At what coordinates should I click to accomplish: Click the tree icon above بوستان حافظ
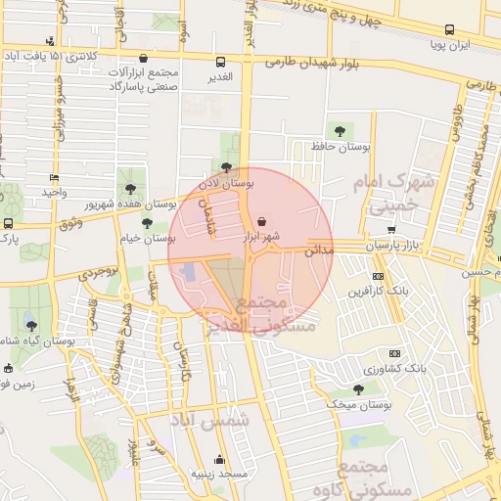point(340,130)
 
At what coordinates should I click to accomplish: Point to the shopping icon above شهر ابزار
point(260,221)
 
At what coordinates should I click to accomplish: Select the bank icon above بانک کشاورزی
point(394,353)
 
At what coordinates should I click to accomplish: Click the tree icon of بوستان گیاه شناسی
point(31,324)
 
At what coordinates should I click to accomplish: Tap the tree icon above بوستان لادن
point(227,167)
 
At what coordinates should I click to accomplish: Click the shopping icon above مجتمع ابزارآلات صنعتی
point(145,59)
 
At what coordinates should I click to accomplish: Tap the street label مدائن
point(319,251)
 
